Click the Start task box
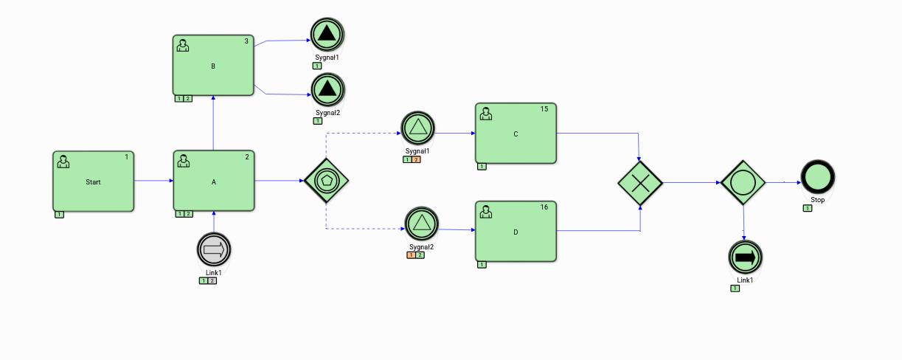[93, 181]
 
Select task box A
[214, 181]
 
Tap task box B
[214, 65]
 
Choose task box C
[516, 133]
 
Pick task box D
[516, 231]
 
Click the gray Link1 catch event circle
[214, 250]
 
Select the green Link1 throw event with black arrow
[745, 257]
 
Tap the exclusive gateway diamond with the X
[640, 181]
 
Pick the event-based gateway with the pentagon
[326, 180]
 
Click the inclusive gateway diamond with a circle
[743, 181]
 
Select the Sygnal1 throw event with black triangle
[327, 34]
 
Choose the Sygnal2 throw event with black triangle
[327, 90]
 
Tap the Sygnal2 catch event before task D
[422, 224]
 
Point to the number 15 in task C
[544, 109]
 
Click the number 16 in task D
[544, 207]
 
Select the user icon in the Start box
[63, 161]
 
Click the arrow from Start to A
[153, 181]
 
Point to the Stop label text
[818, 200]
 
